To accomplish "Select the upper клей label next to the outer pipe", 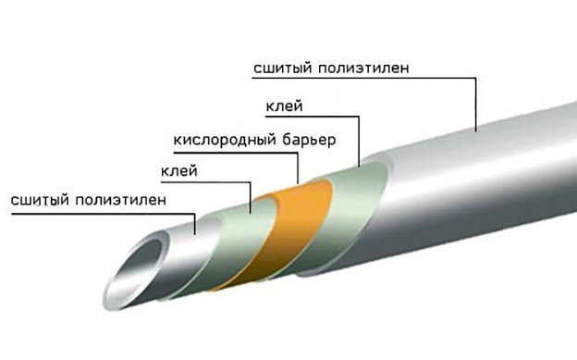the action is [280, 107].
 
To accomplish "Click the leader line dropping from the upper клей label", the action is [359, 139].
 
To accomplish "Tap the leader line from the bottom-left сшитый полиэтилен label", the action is [195, 222].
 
